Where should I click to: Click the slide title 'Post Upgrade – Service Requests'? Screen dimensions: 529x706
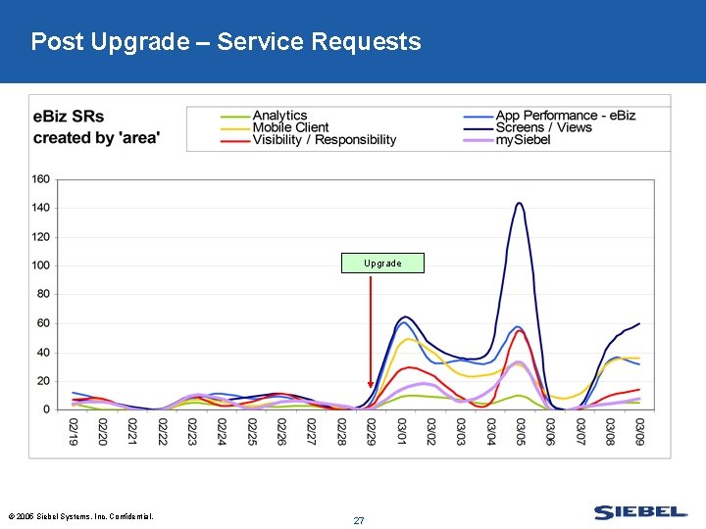(x=226, y=42)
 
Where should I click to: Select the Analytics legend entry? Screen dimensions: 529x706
(x=279, y=116)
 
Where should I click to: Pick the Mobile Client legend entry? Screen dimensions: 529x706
(x=290, y=127)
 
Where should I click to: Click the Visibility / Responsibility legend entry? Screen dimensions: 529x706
(x=324, y=140)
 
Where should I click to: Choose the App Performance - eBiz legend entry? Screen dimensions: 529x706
(x=565, y=116)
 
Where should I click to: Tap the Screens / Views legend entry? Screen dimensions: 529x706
(x=543, y=127)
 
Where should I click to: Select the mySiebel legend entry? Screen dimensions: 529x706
(x=523, y=140)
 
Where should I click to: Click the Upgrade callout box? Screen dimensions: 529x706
(x=382, y=264)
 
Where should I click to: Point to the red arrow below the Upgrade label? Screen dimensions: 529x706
(x=371, y=333)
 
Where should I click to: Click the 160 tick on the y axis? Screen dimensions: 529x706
(x=41, y=179)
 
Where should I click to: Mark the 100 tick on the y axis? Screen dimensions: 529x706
(x=41, y=265)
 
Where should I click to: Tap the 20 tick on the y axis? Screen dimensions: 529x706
(x=44, y=381)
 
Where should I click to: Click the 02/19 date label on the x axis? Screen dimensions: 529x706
(x=74, y=430)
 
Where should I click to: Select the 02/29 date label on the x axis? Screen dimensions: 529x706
(x=372, y=430)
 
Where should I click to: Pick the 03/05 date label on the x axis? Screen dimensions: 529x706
(x=521, y=430)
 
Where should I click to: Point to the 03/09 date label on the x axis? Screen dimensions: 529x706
(x=640, y=430)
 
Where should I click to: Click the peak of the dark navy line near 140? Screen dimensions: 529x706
(x=520, y=204)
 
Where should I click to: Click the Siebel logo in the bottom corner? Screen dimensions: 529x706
(x=640, y=512)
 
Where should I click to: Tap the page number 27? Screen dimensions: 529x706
(x=359, y=520)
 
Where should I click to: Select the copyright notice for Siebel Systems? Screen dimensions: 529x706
(x=80, y=516)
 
